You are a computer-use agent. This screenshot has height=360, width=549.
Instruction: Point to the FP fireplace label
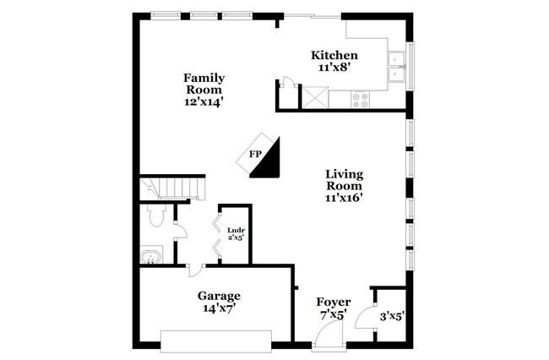(255, 154)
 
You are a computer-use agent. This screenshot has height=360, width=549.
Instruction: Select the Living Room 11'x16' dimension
(345, 199)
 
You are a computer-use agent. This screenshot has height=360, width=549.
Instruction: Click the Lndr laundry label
(236, 228)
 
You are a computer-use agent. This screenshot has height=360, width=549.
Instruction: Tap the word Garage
(220, 296)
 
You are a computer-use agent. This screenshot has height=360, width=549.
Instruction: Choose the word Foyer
(334, 302)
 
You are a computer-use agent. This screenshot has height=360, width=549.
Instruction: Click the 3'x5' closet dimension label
(392, 317)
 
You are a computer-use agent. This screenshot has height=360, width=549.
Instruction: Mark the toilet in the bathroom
(154, 218)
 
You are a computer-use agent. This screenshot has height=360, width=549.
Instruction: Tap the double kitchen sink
(397, 67)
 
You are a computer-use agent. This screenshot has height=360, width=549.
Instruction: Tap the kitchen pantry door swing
(287, 83)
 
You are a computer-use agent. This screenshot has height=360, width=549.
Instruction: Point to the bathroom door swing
(178, 233)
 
